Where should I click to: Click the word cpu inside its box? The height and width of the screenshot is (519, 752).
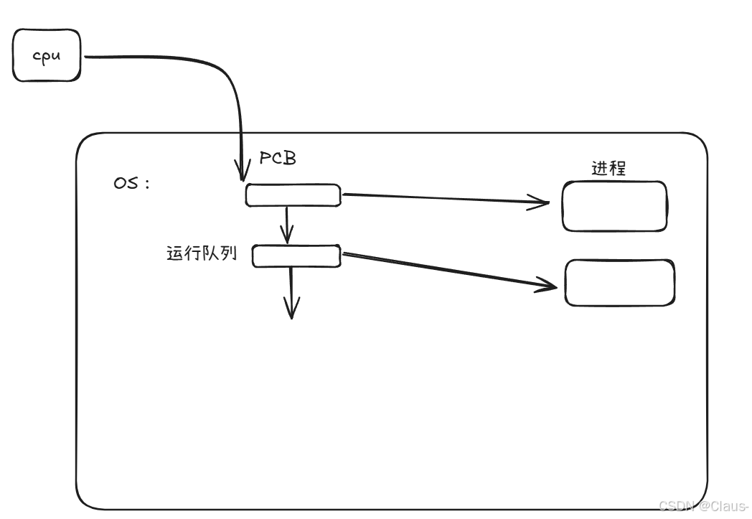pyautogui.click(x=47, y=56)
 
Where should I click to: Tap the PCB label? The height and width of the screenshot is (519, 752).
pyautogui.click(x=278, y=159)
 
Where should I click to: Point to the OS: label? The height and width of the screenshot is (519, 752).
pyautogui.click(x=131, y=182)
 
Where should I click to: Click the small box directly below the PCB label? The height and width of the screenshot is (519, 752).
pyautogui.click(x=293, y=195)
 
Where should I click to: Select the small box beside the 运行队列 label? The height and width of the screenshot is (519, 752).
pyautogui.click(x=296, y=256)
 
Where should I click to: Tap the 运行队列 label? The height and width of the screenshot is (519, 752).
pyautogui.click(x=201, y=254)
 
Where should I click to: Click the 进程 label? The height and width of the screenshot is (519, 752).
pyautogui.click(x=608, y=169)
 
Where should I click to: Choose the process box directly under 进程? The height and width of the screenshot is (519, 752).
pyautogui.click(x=614, y=206)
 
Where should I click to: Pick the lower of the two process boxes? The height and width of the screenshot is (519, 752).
pyautogui.click(x=620, y=282)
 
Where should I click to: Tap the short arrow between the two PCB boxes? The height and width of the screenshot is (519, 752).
pyautogui.click(x=287, y=224)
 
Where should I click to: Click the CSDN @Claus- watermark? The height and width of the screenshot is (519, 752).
pyautogui.click(x=704, y=505)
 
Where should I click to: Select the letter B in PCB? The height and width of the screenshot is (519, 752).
pyautogui.click(x=289, y=159)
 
